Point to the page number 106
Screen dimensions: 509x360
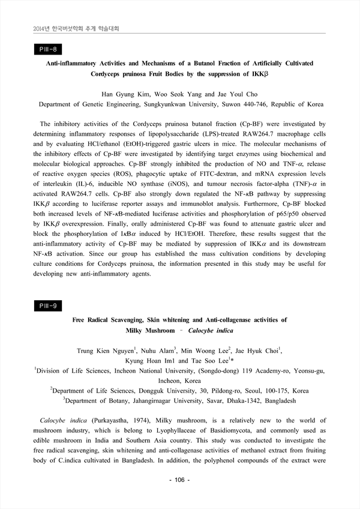tap(179, 480)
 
